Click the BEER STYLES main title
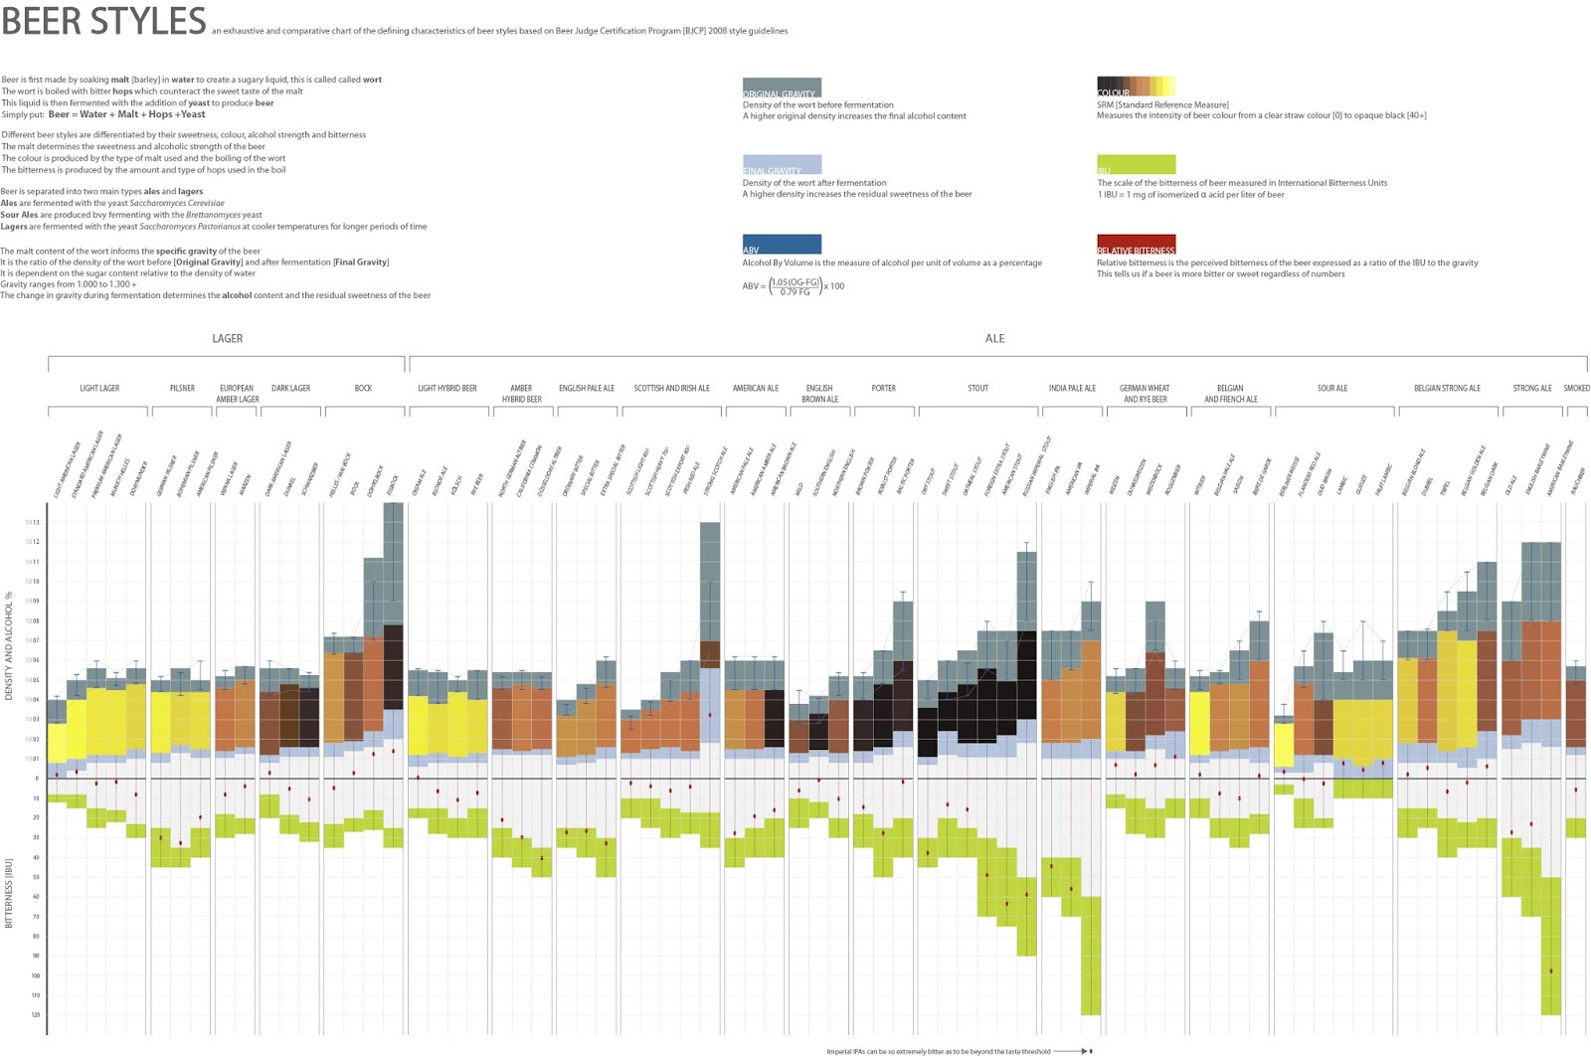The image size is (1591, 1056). [x=103, y=21]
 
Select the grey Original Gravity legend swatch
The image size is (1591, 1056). [x=782, y=88]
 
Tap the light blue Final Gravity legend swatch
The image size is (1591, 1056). [x=782, y=165]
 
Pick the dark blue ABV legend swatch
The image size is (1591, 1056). [x=782, y=245]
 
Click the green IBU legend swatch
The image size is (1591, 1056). [x=1136, y=165]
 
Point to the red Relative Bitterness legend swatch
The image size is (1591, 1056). [x=1136, y=245]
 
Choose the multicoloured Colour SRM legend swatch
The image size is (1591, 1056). [x=1136, y=87]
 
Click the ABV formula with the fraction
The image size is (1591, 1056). [x=794, y=286]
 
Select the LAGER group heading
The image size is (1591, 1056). [x=227, y=339]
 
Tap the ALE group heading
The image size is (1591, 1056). [x=994, y=339]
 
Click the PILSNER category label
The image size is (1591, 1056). [x=182, y=389]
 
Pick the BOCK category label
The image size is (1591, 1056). [x=363, y=389]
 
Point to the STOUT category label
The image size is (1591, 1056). [x=977, y=389]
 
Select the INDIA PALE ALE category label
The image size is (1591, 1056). [x=1072, y=389]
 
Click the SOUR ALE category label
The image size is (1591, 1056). [x=1332, y=389]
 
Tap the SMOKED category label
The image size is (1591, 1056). [x=1576, y=389]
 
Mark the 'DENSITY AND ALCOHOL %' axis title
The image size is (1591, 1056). [x=9, y=646]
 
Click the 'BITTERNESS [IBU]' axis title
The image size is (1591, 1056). [x=9, y=893]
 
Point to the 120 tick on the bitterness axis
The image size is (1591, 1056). [x=35, y=1015]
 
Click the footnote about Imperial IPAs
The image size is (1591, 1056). [x=938, y=1051]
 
